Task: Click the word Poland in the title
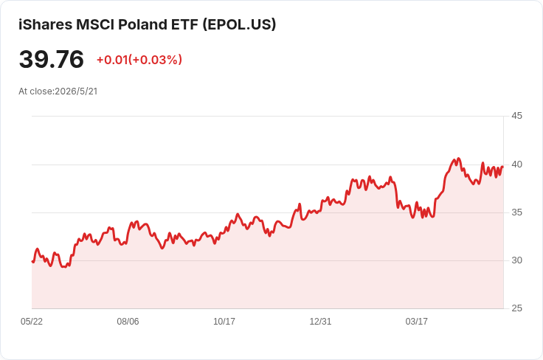142,24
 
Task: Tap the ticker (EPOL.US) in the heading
239,24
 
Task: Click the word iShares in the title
45,24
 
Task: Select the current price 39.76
51,59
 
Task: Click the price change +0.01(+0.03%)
139,60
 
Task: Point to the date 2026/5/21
76,91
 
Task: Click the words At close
35,91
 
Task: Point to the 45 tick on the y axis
516,116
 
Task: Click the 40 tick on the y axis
516,165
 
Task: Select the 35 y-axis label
516,212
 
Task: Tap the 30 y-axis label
516,260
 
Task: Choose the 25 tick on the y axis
516,308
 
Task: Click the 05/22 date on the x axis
32,321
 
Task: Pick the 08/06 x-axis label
128,321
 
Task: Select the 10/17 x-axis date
224,321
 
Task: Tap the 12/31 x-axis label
320,321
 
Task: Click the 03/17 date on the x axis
417,321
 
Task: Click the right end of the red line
502,167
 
